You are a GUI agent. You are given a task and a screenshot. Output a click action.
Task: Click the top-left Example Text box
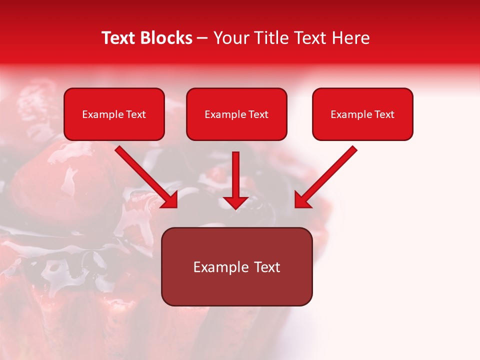coord(114,114)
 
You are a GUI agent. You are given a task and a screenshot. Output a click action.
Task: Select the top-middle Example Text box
coord(236,114)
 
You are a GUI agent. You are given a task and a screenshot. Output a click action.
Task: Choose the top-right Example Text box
coord(362,114)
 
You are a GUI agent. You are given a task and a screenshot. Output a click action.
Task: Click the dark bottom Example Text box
coord(236,266)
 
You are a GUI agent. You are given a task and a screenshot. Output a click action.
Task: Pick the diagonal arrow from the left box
coord(145,175)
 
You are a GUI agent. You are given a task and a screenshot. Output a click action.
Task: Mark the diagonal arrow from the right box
coord(327,175)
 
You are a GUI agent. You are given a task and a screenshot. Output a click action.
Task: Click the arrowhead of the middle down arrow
coord(235,202)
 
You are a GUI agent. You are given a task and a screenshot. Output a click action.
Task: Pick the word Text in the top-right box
coord(384,114)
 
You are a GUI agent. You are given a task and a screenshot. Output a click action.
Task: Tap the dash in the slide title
coord(202,38)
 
